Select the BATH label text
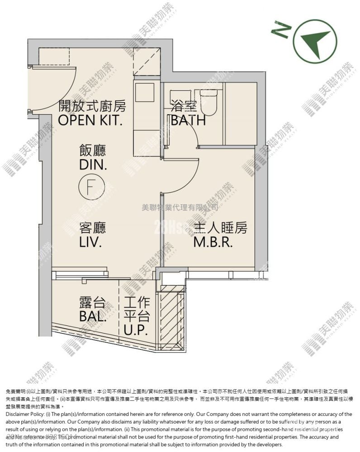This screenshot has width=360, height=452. pyautogui.click(x=188, y=121)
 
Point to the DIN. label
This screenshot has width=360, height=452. pyautogui.click(x=93, y=165)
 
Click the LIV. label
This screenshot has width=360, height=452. pyautogui.click(x=90, y=242)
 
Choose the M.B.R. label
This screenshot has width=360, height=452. pyautogui.click(x=213, y=242)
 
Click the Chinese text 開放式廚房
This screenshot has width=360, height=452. pyautogui.click(x=92, y=107)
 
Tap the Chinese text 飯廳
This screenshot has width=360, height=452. pyautogui.click(x=93, y=151)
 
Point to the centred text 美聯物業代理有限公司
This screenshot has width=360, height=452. pyautogui.click(x=180, y=207)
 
